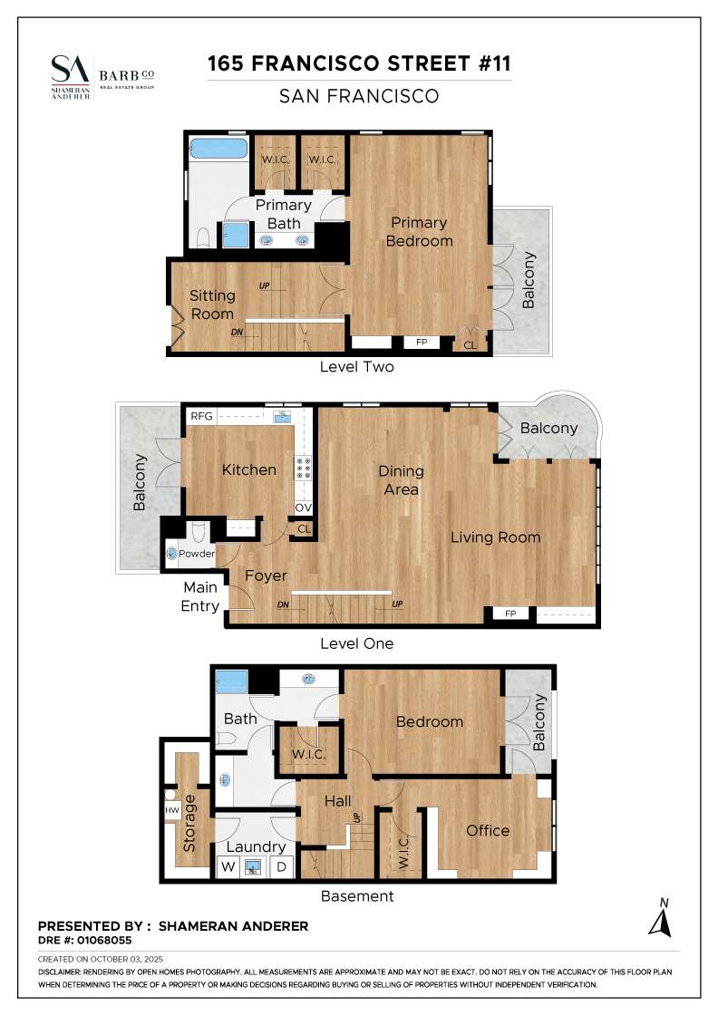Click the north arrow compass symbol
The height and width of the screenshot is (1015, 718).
660,918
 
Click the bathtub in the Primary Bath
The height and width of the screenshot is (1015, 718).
218,149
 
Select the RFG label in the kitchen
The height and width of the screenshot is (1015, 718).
201,416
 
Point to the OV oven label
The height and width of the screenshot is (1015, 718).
303,508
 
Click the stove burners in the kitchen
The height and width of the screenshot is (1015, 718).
303,468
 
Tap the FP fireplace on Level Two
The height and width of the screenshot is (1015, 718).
422,342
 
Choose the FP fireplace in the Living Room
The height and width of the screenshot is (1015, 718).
510,614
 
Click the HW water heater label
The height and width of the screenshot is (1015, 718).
171,810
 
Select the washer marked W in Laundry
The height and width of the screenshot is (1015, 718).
228,866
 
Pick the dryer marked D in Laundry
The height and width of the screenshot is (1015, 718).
282,866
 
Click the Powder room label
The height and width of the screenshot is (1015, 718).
197,554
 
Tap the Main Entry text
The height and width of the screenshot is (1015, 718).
200,597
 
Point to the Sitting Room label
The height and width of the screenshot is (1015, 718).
212,304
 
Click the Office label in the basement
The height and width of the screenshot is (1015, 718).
488,830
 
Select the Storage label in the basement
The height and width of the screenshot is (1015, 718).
189,823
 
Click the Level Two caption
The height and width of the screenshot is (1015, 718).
357,367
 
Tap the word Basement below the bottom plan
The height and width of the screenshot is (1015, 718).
357,896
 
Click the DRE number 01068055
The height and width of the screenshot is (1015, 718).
104,941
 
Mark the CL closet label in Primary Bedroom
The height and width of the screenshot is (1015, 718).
470,345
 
